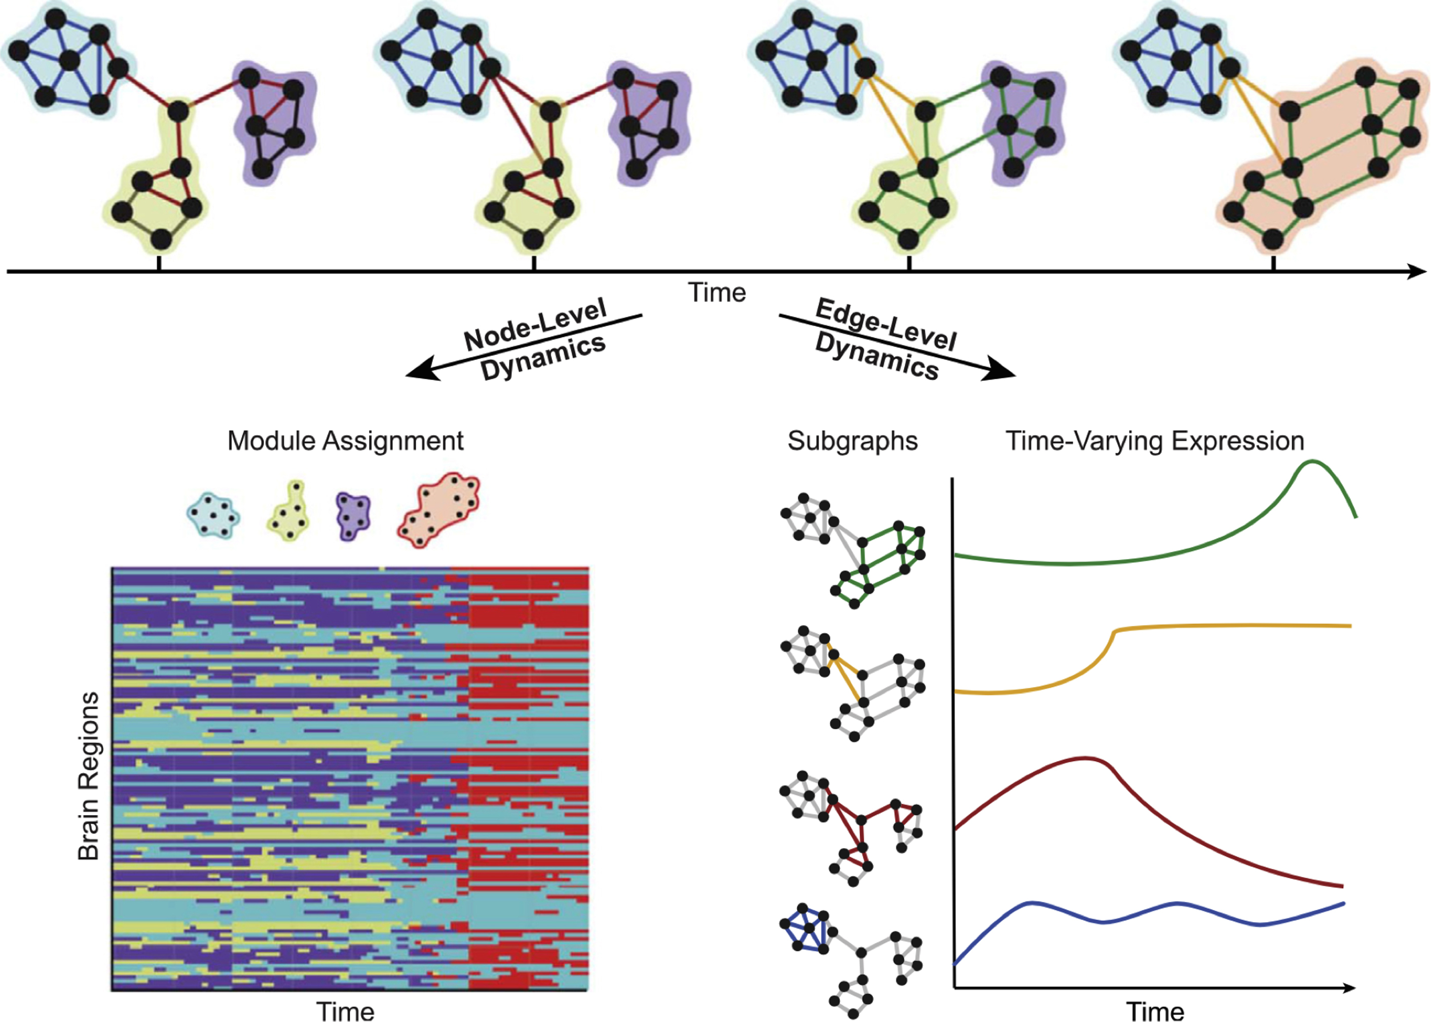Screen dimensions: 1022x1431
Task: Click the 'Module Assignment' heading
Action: coord(345,441)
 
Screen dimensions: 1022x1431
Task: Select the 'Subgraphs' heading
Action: coord(852,441)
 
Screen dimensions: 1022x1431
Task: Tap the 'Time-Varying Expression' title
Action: coord(1155,441)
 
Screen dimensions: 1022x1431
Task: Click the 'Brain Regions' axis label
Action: coord(89,776)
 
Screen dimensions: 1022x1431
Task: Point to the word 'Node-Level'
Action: coord(535,324)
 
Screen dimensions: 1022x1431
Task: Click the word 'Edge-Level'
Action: coord(886,325)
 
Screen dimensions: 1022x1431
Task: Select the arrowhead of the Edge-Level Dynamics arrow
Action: coord(1001,370)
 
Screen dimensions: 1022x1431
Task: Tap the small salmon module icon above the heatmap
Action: coord(439,510)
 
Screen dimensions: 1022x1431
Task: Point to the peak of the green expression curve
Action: coord(1312,462)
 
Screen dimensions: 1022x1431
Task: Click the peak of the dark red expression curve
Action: coord(1086,758)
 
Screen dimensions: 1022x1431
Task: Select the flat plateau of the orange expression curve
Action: coord(1233,625)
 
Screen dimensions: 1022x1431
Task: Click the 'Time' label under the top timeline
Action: coord(717,293)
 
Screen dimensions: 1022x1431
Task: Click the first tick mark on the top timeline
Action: coord(159,263)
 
